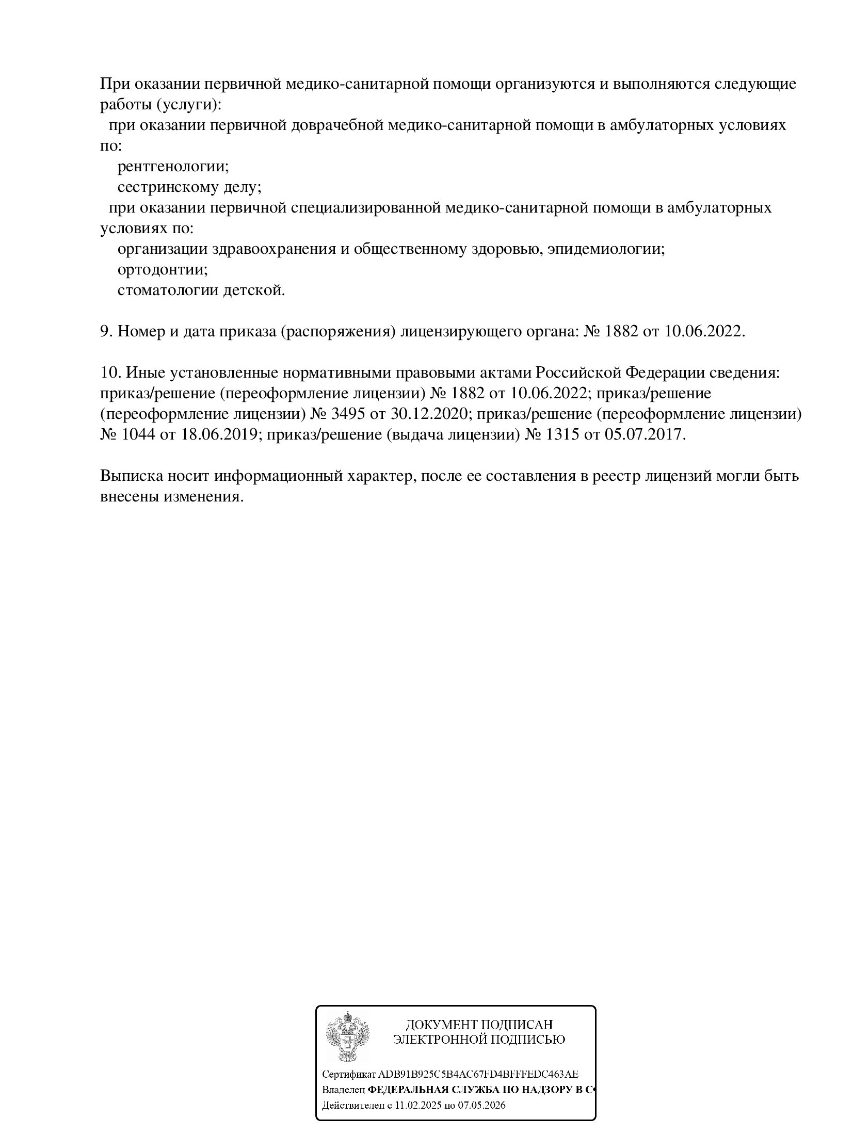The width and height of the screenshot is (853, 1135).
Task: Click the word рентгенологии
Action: click(x=173, y=167)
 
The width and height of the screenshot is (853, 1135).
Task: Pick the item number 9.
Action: click(x=106, y=331)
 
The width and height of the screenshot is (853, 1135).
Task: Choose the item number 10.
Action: click(x=110, y=372)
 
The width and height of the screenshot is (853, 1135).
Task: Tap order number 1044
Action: click(x=138, y=434)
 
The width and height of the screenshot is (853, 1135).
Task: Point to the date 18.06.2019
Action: click(x=219, y=434)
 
